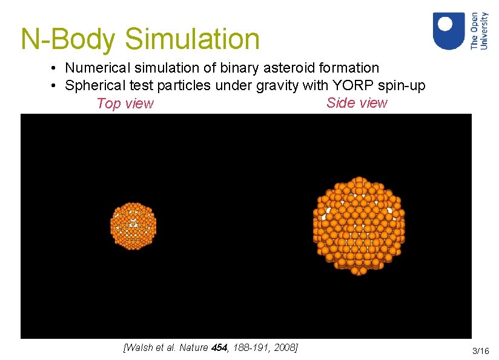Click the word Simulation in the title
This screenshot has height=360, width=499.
(x=193, y=39)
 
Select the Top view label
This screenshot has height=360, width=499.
(x=125, y=103)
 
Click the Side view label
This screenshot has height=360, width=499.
(x=357, y=103)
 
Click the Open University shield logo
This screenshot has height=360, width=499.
(x=449, y=31)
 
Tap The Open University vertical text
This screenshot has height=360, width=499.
(x=479, y=31)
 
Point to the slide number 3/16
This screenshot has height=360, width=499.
(x=480, y=351)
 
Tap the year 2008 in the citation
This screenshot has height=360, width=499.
(x=285, y=347)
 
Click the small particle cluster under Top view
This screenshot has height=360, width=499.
(x=133, y=226)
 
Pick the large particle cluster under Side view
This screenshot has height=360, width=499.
(x=359, y=226)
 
